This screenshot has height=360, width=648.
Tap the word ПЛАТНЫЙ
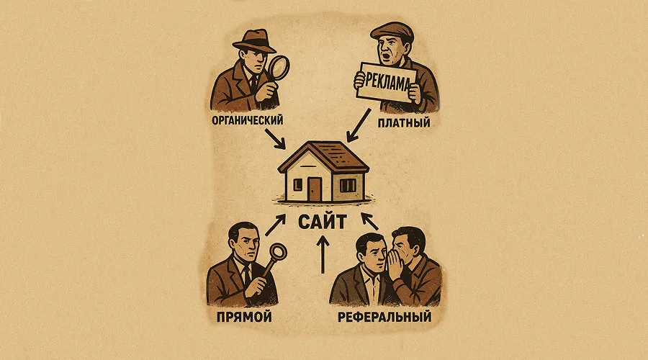404,122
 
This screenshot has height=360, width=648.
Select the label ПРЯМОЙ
244,317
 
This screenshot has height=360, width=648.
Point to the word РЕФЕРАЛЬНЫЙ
384,317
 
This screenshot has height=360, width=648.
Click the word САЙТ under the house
322,222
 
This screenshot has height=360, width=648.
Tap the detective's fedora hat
253,41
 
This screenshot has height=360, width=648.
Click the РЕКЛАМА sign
386,82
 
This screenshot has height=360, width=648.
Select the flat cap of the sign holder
392,31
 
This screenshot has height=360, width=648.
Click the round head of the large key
279,252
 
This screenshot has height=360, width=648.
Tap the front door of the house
315,189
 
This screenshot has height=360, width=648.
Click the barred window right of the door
348,185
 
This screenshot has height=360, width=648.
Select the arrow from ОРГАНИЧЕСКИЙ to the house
275,139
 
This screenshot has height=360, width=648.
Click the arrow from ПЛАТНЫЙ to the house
359,125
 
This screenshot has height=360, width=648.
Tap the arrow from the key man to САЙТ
275,225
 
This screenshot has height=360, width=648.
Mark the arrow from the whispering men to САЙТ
369,221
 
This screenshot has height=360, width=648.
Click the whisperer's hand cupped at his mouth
393,264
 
